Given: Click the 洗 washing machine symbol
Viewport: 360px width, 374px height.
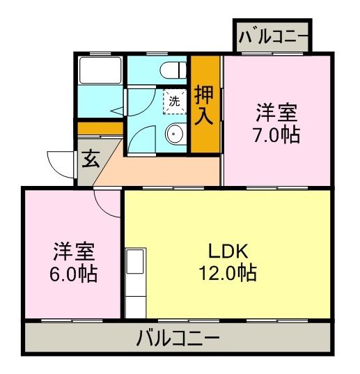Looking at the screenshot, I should point(175,100).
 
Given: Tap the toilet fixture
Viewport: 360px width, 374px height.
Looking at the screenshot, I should point(171,70).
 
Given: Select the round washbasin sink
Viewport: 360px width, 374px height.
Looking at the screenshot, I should point(173,134).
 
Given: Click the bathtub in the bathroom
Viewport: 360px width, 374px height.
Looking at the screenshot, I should point(100,70).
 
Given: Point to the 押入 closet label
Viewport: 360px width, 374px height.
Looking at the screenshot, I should point(203,104).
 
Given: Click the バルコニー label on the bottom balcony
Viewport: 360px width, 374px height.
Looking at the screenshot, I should point(178,340).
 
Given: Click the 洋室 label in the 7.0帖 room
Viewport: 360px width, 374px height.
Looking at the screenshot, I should point(276,111).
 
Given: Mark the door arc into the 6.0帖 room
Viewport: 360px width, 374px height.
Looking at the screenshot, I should point(109,204).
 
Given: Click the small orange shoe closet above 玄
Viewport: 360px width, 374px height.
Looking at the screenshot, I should point(100,128).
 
